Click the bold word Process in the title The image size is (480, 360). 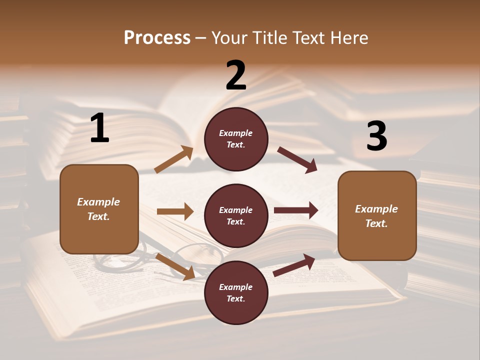point(157,38)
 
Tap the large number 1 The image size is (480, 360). point(99,128)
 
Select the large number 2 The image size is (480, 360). point(236,75)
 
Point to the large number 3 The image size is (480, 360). point(377,136)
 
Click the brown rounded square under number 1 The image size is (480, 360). point(99,209)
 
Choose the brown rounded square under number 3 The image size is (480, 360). point(377,215)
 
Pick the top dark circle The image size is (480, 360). point(236,138)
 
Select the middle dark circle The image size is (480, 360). point(236,215)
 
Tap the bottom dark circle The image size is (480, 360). point(236,292)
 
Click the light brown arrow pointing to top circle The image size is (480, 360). point(174,159)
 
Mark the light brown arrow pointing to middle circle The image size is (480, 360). point(175,211)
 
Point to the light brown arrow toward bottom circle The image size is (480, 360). point(175,266)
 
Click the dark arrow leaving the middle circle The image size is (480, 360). point(296,210)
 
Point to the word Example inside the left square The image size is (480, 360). point(98,202)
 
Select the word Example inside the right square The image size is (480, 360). point(376,209)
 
